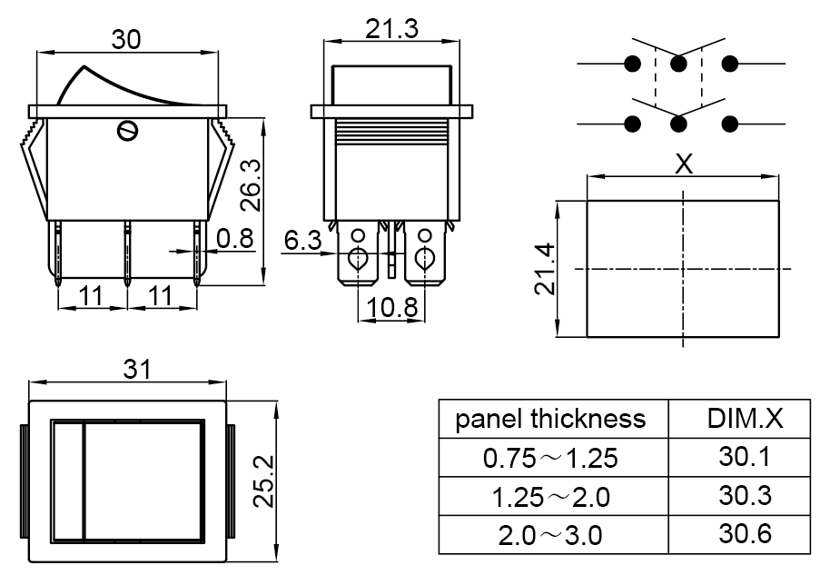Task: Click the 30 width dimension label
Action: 127,40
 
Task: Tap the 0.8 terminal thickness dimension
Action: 235,239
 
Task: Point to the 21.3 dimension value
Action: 391,29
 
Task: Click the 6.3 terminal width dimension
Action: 302,241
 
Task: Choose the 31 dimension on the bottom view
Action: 136,369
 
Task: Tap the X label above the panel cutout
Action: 685,164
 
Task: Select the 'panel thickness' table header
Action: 550,419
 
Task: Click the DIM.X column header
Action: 745,419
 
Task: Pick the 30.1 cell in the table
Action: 744,457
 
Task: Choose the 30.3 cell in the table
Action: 744,496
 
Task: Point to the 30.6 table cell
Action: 744,534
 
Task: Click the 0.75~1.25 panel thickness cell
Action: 550,458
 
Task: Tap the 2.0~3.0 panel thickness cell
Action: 550,535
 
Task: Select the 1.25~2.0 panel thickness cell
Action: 550,497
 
